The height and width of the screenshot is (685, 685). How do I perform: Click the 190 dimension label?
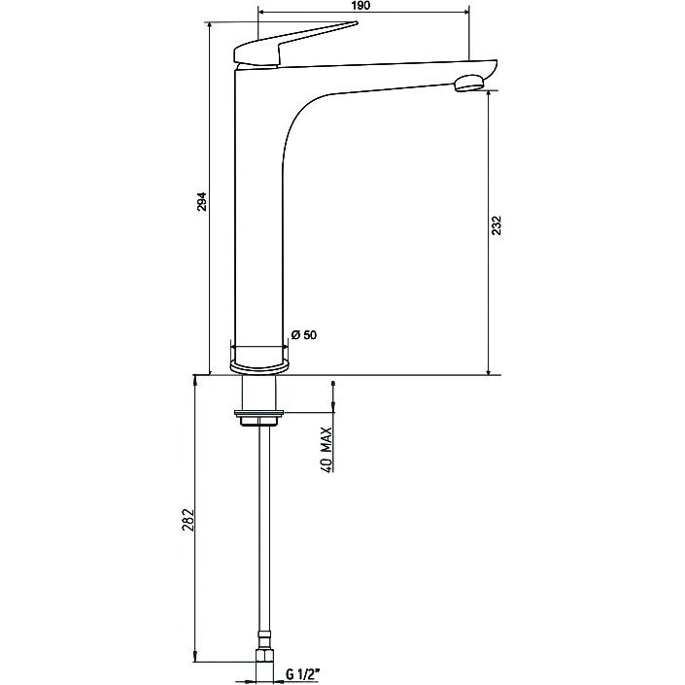(360, 5)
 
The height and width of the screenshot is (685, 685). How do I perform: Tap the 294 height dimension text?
(202, 201)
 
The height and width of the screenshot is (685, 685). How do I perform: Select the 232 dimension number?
(497, 225)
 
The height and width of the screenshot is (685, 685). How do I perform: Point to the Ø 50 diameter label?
(303, 335)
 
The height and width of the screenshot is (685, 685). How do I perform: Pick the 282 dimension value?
(188, 520)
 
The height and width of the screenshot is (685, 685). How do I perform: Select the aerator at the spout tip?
(469, 83)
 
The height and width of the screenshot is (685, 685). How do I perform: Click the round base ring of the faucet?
(259, 366)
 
